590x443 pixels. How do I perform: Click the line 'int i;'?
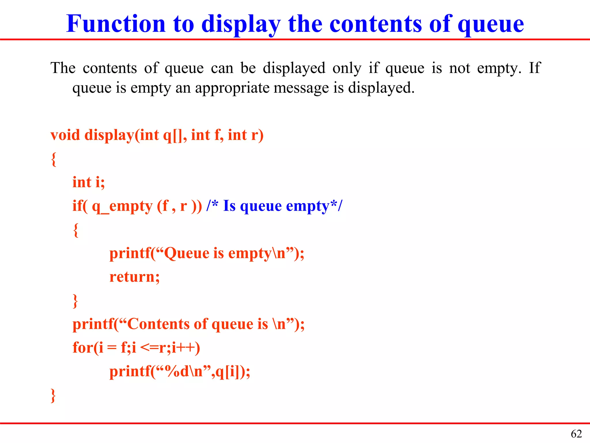click(88, 182)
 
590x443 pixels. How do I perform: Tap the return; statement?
click(135, 277)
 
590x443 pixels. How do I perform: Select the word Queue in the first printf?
click(186, 253)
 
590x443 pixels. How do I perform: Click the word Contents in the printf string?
click(158, 324)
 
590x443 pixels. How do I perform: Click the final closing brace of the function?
click(53, 395)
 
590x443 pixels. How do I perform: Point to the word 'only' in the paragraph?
click(347, 69)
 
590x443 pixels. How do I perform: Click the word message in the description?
click(301, 88)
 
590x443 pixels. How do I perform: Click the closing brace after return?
click(75, 301)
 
